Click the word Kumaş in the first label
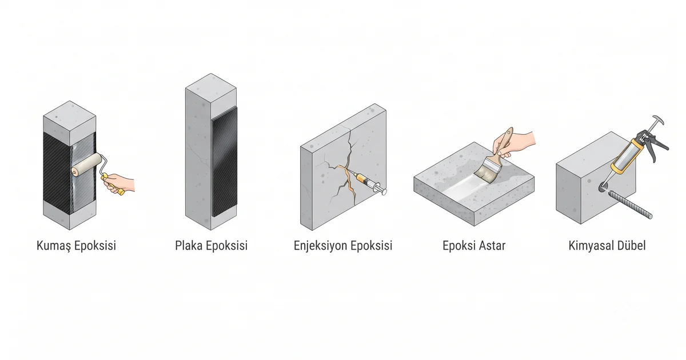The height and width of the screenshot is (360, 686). [x=54, y=246]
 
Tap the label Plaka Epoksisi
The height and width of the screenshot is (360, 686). [x=212, y=246]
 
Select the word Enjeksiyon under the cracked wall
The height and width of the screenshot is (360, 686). [x=320, y=246]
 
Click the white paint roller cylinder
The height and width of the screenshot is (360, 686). [x=87, y=165]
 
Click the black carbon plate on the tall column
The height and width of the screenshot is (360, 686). [x=225, y=162]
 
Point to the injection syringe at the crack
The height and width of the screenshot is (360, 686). [x=370, y=183]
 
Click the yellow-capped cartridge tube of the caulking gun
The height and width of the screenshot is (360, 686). [x=627, y=156]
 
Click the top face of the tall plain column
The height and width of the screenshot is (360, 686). [x=211, y=87]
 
